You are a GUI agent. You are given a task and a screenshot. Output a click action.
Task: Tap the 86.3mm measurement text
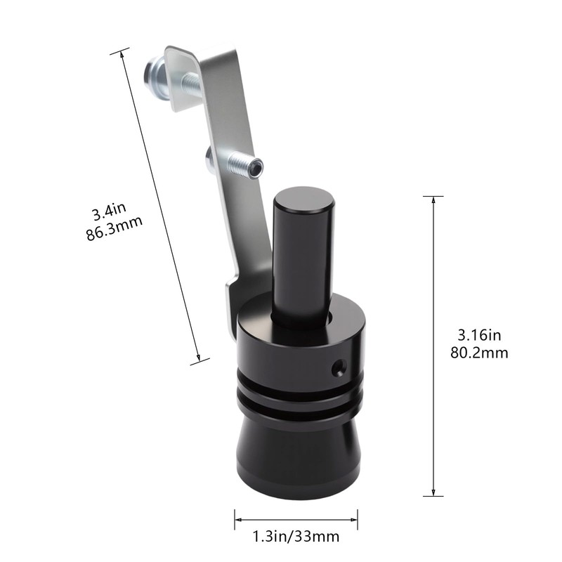tap(115, 228)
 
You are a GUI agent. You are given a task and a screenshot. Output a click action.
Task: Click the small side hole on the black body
tap(339, 366)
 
